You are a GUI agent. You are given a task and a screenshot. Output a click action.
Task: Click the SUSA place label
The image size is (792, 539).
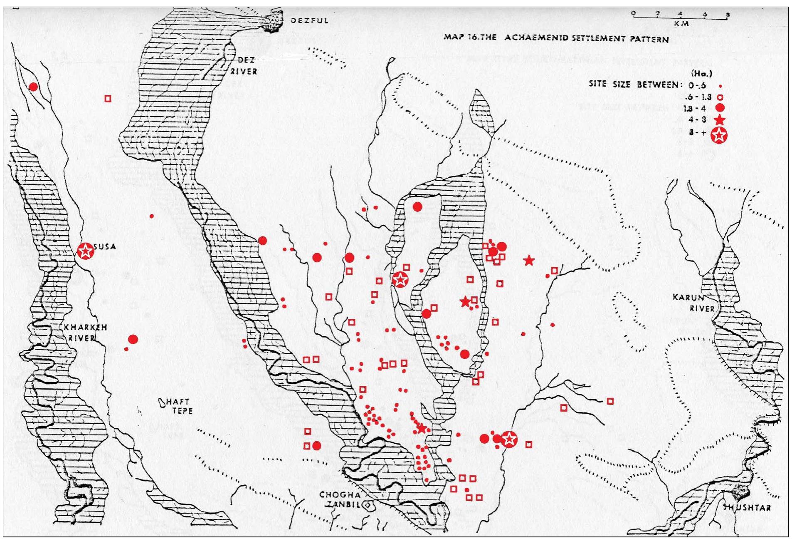[105, 247]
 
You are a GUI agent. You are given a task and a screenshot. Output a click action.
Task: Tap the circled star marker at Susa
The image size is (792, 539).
[86, 251]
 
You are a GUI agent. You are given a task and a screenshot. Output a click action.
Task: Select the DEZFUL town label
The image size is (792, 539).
[309, 20]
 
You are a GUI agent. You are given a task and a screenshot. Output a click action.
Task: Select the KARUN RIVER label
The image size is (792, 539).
[693, 303]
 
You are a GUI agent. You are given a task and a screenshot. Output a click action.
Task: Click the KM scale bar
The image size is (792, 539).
[680, 17]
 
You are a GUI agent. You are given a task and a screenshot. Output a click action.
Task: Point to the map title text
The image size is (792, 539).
[556, 38]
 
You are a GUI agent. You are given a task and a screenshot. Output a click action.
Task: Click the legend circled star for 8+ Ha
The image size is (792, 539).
[719, 135]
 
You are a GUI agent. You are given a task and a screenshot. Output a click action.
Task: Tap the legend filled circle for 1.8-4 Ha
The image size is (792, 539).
[720, 108]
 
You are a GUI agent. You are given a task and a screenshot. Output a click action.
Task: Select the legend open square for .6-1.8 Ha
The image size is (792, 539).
[720, 97]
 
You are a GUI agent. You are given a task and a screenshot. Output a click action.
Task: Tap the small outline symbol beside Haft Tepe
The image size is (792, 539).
[162, 402]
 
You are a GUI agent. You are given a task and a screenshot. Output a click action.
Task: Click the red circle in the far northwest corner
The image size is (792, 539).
[33, 87]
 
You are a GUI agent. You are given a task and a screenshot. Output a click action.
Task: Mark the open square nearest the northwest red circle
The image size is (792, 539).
[108, 99]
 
